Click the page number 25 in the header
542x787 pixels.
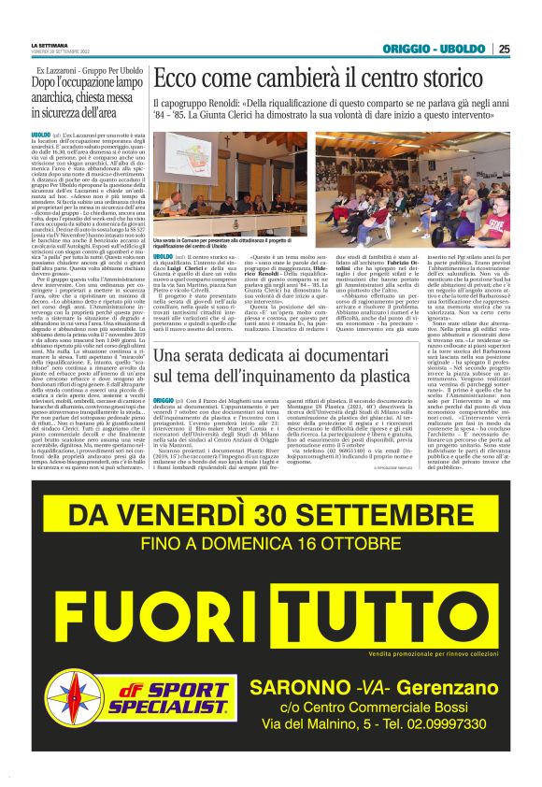tap(504, 49)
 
